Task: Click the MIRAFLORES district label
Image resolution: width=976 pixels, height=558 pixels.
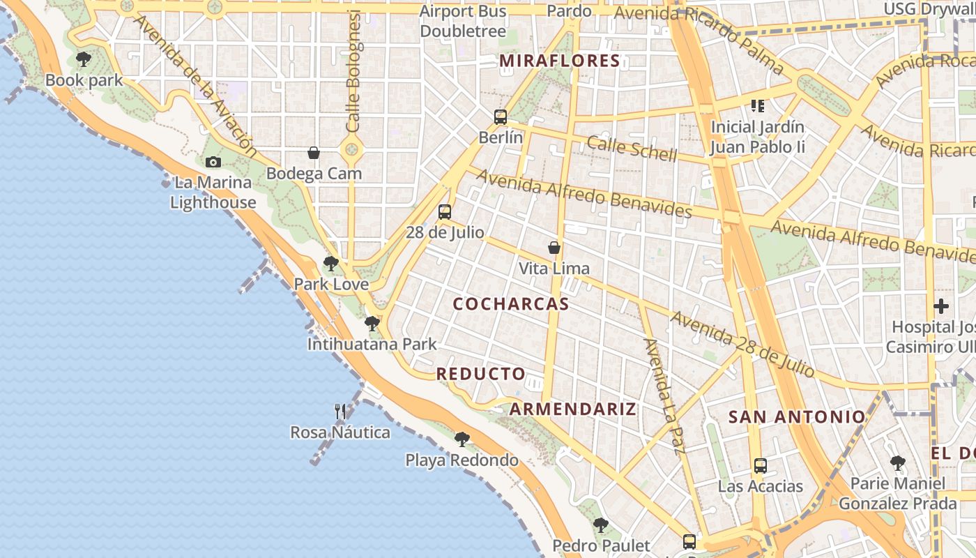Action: pyautogui.click(x=560, y=61)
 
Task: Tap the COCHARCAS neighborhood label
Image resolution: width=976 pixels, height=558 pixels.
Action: pyautogui.click(x=511, y=304)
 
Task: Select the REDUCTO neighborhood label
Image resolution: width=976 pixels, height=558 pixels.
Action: pyautogui.click(x=481, y=374)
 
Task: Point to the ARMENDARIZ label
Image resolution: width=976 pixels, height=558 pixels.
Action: pyautogui.click(x=573, y=409)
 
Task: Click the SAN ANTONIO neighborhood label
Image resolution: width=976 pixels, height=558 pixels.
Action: pyautogui.click(x=797, y=417)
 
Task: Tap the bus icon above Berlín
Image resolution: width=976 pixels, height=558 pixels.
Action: pyautogui.click(x=501, y=116)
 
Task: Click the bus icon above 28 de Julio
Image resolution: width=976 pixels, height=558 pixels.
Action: pyautogui.click(x=445, y=212)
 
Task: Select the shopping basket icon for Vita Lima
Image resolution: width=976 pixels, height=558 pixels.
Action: pyautogui.click(x=554, y=248)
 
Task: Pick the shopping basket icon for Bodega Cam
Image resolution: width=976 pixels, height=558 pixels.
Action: pyautogui.click(x=314, y=153)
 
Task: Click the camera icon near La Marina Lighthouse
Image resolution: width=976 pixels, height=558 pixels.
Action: pyautogui.click(x=213, y=163)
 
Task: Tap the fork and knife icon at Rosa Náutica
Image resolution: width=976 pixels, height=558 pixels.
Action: pyautogui.click(x=340, y=412)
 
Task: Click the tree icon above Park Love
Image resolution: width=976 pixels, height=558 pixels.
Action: pyautogui.click(x=331, y=264)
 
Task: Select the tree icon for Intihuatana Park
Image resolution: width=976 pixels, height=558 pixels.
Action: pyautogui.click(x=372, y=324)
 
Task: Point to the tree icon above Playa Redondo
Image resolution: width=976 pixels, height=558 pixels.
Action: pyautogui.click(x=462, y=439)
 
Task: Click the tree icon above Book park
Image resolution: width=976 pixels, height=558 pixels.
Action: pyautogui.click(x=84, y=59)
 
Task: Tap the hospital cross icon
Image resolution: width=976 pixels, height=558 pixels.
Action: pyautogui.click(x=941, y=306)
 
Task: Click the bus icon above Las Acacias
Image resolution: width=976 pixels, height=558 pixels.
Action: pyautogui.click(x=761, y=465)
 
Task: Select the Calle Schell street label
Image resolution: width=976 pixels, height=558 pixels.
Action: pyautogui.click(x=632, y=148)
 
